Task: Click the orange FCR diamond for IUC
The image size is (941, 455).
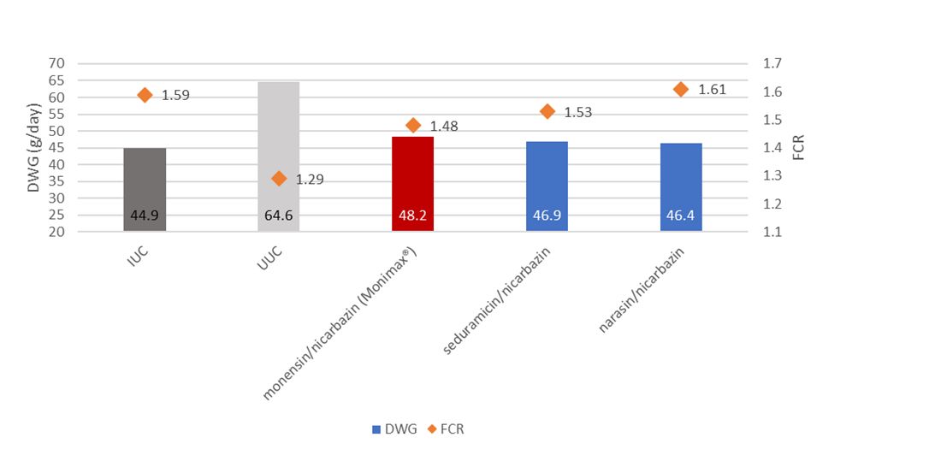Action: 145,95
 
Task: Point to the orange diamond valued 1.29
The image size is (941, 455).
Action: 279,179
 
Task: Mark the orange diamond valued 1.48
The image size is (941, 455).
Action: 413,126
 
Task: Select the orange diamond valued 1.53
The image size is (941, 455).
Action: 547,111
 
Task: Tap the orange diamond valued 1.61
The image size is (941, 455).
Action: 681,89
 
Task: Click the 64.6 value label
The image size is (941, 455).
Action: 279,216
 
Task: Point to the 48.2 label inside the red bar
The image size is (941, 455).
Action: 413,216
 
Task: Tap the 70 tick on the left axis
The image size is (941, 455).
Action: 56,63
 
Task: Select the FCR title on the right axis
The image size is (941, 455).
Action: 798,147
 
